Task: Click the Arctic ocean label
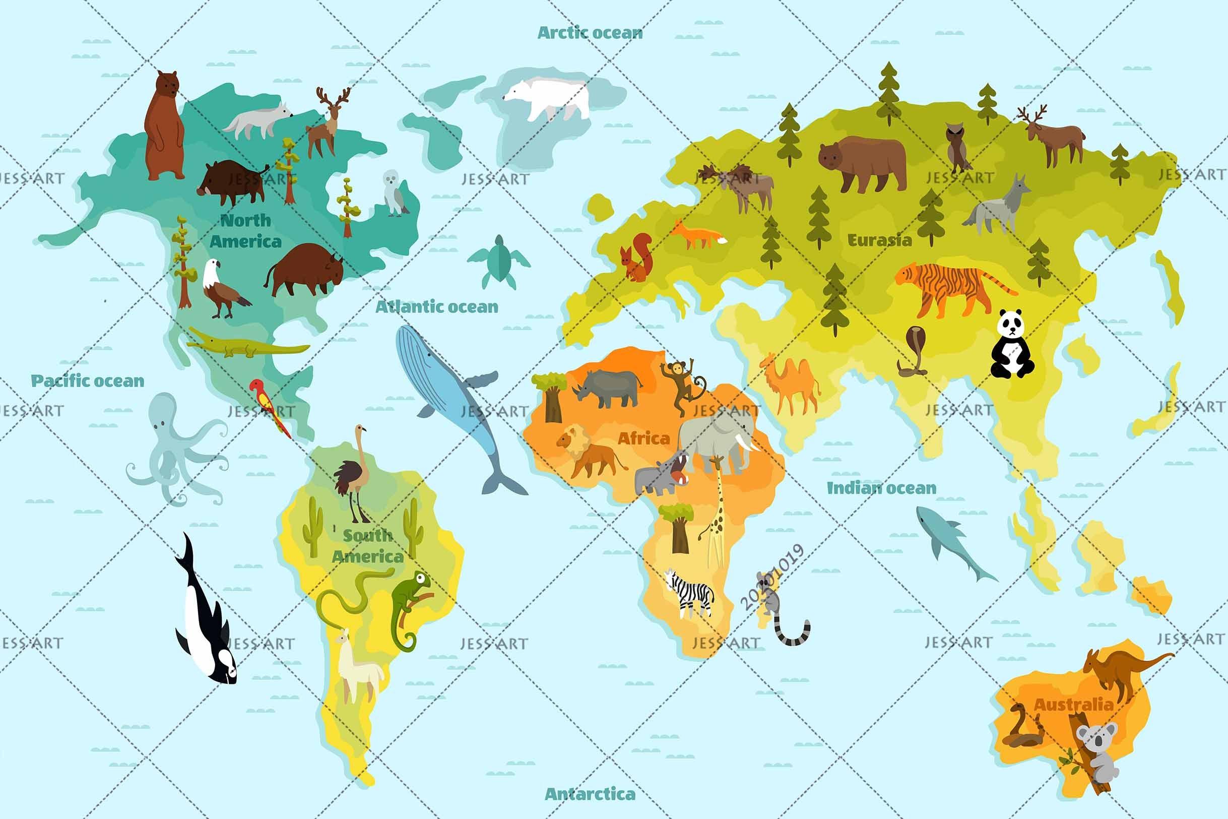[590, 33]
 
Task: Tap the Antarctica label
[590, 794]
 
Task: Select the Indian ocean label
[881, 488]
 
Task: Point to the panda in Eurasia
[1011, 345]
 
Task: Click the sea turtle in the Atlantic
[499, 261]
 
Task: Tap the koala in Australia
[1096, 752]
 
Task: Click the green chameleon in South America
[410, 606]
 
